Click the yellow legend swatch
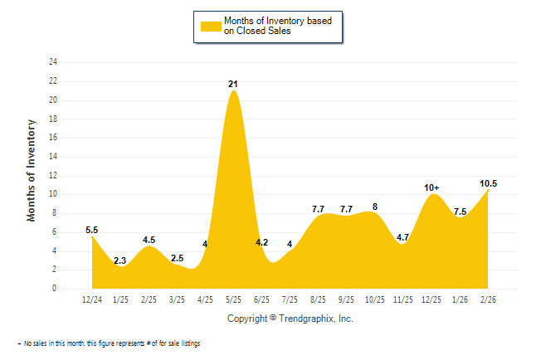point(212,26)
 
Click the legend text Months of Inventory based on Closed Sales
point(280,26)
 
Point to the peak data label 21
point(234,84)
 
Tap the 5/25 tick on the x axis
point(234,299)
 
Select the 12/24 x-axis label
point(92,299)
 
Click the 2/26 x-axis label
point(489,299)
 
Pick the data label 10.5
point(488,183)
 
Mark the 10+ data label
point(431,188)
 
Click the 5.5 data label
point(92,230)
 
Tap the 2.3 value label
point(120,260)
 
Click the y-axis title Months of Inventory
point(32,171)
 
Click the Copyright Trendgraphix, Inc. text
point(290,319)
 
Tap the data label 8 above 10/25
point(375,207)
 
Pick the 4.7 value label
point(403,237)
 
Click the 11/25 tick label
point(403,299)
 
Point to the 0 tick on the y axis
point(55,289)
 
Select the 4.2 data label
point(261,242)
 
